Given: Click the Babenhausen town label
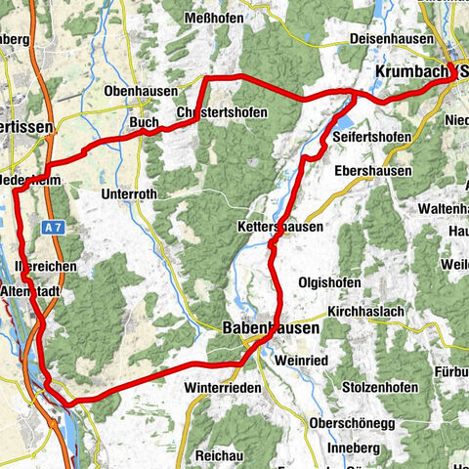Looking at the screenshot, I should tap(270, 329).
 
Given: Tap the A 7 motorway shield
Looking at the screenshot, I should tap(54, 227).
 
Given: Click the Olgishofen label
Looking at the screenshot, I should tap(326, 283).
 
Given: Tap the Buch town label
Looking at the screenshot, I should tap(144, 123).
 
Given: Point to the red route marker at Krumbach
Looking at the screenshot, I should tap(454, 70).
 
